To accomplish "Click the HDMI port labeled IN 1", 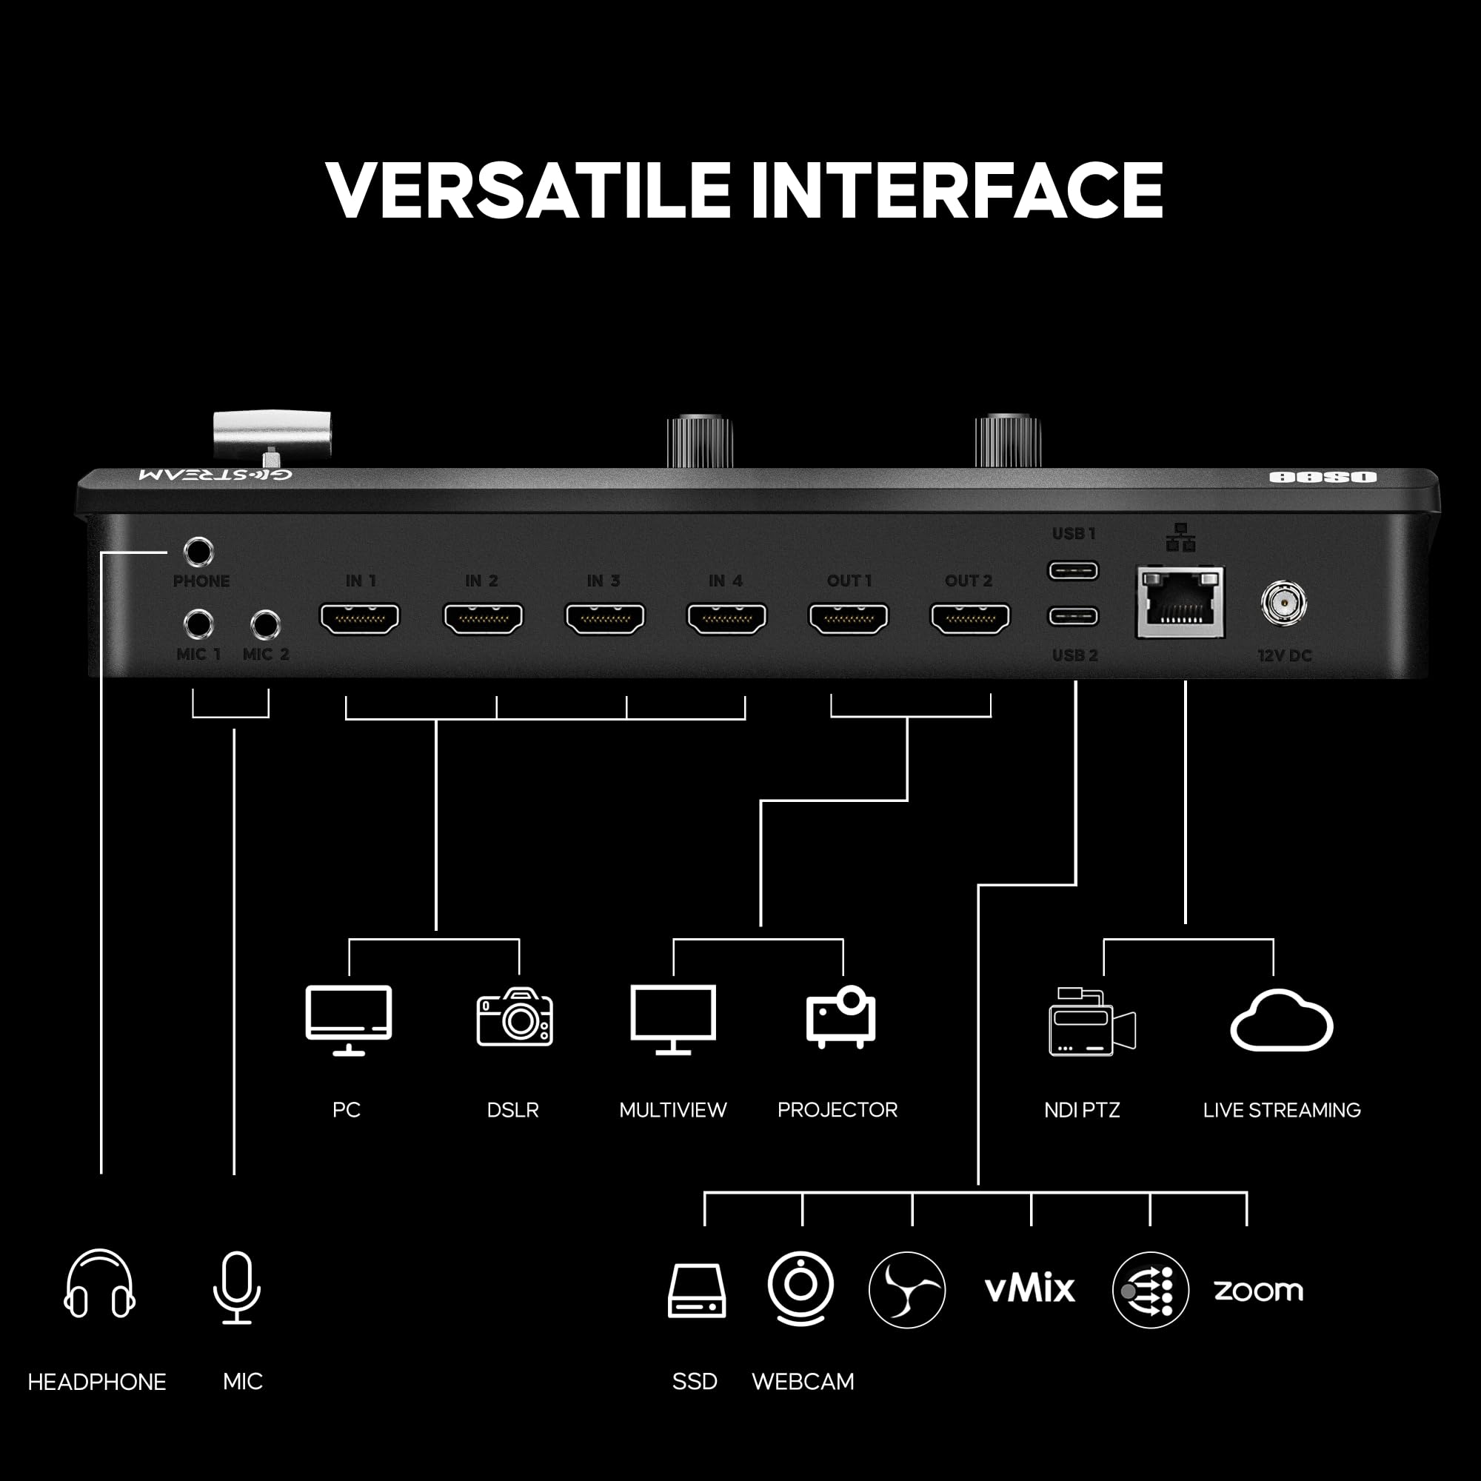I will click(360, 618).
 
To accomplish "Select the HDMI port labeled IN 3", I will click(605, 618).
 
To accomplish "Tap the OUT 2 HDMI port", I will click(970, 618).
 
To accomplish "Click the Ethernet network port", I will click(1180, 604).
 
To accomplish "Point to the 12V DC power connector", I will click(1283, 604).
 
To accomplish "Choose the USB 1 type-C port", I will click(1073, 570).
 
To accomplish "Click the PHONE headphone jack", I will click(198, 551).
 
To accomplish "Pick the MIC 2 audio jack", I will click(265, 625).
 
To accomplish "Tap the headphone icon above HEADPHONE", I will click(100, 1283).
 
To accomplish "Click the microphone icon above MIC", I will click(237, 1287).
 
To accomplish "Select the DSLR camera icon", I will click(515, 1017).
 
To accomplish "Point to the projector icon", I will click(841, 1017).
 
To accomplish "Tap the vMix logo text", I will click(1029, 1289).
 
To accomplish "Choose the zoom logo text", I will click(1258, 1290).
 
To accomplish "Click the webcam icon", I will click(800, 1288).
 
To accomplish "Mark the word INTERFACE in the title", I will click(957, 190).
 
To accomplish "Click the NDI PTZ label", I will click(1082, 1110).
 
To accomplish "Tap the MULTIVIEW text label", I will click(672, 1110).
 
